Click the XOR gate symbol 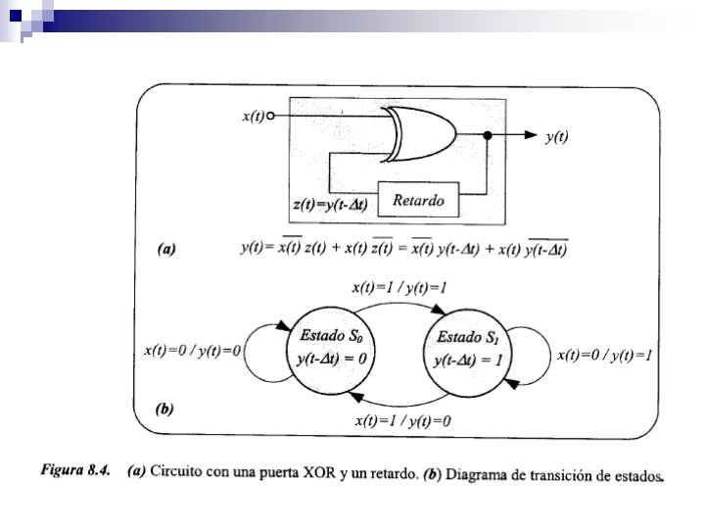click(421, 135)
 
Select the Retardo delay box click(418, 202)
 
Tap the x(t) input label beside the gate click(252, 117)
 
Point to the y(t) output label click(556, 137)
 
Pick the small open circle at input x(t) click(270, 117)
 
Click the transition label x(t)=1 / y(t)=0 click(402, 421)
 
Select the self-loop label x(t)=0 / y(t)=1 click(604, 355)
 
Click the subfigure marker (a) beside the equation click(166, 249)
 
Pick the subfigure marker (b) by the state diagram click(165, 409)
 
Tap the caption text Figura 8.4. click(73, 470)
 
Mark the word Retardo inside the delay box click(418, 202)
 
